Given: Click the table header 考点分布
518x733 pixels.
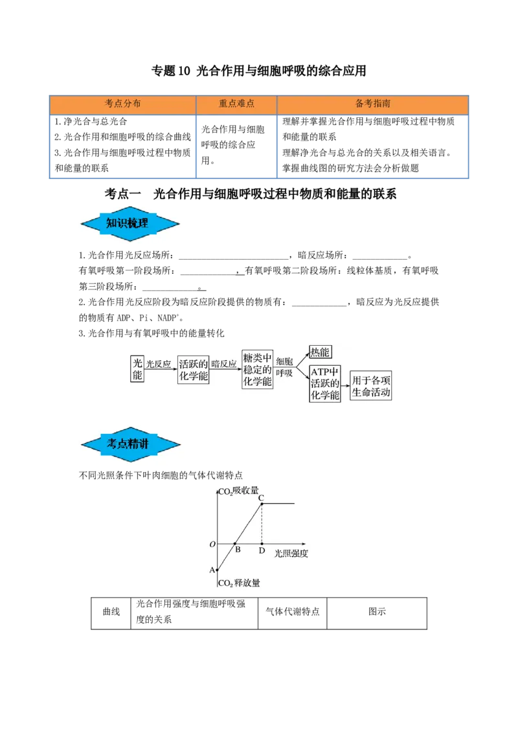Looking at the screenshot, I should pos(122,104).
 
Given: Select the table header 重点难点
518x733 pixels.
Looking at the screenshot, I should pos(236,104).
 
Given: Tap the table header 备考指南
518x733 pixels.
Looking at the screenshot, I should pos(372,104).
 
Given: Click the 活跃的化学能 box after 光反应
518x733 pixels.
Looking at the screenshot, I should pos(193,369).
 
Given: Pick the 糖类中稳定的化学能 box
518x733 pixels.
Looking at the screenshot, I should pos(258,369).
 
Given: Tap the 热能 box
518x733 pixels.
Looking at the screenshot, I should pos(320,352).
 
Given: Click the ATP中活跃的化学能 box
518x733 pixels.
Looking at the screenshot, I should pos(325,383).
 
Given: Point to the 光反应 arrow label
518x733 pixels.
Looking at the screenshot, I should pos(159,364).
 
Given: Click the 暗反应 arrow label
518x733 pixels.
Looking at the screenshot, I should pos(224,364).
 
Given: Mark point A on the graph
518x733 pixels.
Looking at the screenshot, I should pos(217,569).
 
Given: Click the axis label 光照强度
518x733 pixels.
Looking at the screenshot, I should pos(291,554).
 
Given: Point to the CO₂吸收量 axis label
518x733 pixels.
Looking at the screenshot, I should pos(238,490).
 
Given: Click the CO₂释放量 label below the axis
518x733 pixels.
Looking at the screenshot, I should pos(239,583).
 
